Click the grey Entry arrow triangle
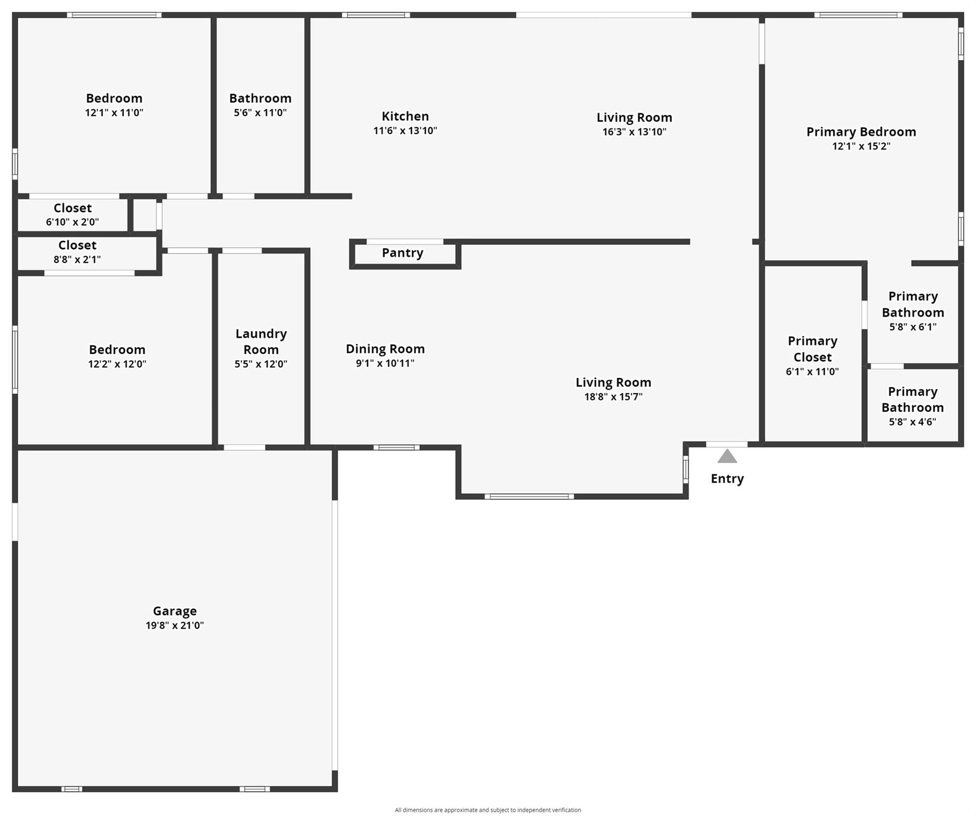tap(727, 456)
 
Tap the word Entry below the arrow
tap(727, 479)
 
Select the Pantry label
tap(403, 253)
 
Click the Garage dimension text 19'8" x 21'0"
tap(175, 625)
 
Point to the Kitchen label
tap(405, 116)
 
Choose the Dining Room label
tap(385, 349)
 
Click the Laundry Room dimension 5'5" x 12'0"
tap(261, 364)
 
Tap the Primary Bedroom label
tap(861, 132)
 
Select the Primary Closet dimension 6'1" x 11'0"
tap(812, 372)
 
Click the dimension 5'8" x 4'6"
tap(913, 422)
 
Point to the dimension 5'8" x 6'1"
tap(913, 327)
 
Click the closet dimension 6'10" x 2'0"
tap(72, 222)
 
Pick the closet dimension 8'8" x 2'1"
tap(77, 259)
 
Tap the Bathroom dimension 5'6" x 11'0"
tap(260, 113)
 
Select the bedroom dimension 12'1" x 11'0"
tap(114, 113)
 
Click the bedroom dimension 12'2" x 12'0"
tap(117, 364)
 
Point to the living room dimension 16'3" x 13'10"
tap(634, 132)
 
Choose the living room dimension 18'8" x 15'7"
tap(613, 397)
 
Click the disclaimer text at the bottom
tap(488, 810)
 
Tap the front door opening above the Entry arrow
tap(727, 445)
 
